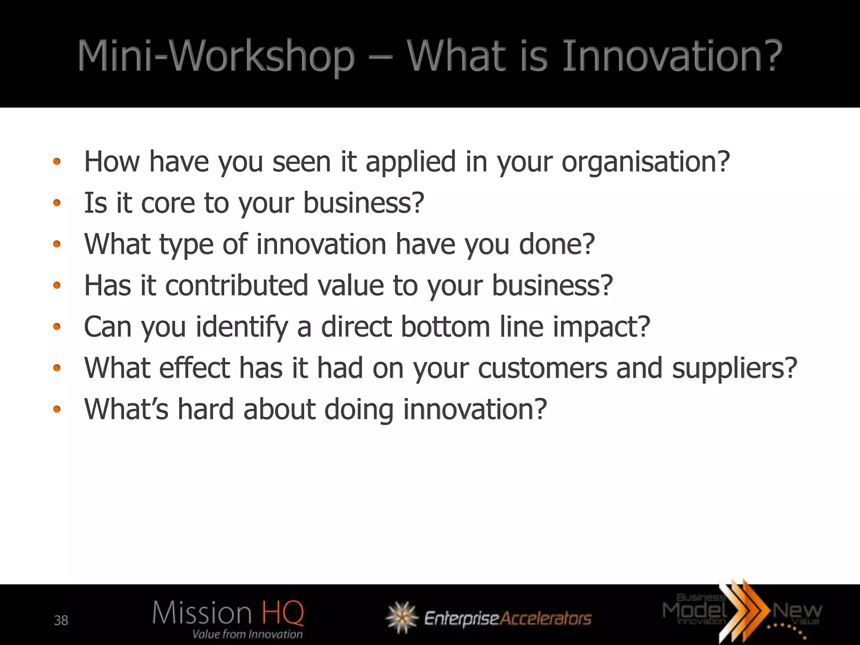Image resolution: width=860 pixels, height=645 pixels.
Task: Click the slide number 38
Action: pos(61,620)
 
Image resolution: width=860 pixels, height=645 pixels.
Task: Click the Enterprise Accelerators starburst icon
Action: pos(402,617)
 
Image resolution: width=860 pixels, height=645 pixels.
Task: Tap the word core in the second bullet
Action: pos(168,203)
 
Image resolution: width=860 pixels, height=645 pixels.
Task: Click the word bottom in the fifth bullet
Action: pos(446,327)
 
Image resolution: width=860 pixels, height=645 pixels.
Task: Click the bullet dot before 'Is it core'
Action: pos(57,204)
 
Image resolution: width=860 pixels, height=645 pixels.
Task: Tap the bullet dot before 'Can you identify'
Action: pos(57,327)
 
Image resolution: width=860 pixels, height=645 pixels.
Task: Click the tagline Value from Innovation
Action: pos(247,634)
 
